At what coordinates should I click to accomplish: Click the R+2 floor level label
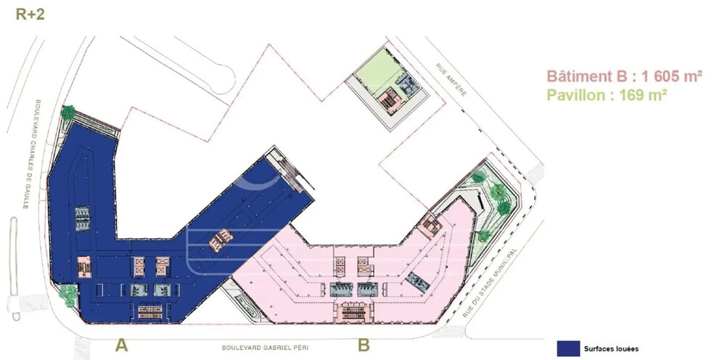(x=30, y=14)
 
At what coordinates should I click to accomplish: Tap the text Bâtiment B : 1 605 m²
(x=624, y=76)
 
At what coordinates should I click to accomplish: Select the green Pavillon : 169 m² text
(x=607, y=95)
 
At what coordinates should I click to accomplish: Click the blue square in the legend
(x=568, y=348)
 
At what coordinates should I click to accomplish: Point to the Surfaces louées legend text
(x=611, y=349)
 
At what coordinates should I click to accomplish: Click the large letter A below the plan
(x=121, y=345)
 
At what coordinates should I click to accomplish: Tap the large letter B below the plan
(x=364, y=345)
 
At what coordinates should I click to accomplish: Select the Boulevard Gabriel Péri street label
(x=265, y=348)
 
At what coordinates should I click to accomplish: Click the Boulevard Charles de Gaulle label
(x=32, y=154)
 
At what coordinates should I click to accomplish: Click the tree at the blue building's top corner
(x=67, y=112)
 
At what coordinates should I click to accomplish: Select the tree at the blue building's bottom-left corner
(x=68, y=295)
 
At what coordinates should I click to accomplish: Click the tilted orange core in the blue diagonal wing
(x=221, y=240)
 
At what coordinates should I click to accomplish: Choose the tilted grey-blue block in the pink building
(x=417, y=282)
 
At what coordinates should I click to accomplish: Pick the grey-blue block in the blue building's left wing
(x=83, y=218)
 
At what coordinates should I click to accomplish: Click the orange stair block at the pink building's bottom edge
(x=353, y=312)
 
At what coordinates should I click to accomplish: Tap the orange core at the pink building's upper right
(x=429, y=226)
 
